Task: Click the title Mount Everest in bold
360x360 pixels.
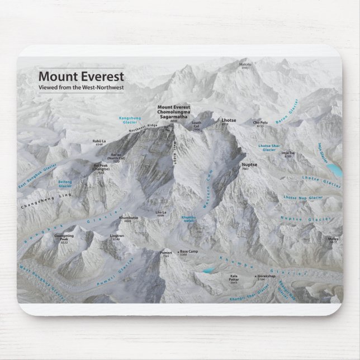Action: (80, 76)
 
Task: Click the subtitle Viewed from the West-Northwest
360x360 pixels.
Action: (80, 88)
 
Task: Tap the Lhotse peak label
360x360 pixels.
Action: (229, 120)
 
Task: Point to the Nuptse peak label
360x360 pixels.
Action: (249, 165)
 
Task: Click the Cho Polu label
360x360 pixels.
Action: (260, 122)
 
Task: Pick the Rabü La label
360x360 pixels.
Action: (99, 142)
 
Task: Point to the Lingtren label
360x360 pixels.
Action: (117, 236)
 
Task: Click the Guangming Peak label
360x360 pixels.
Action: (64, 237)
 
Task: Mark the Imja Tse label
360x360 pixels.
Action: (288, 153)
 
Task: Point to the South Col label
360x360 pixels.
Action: (196, 124)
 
